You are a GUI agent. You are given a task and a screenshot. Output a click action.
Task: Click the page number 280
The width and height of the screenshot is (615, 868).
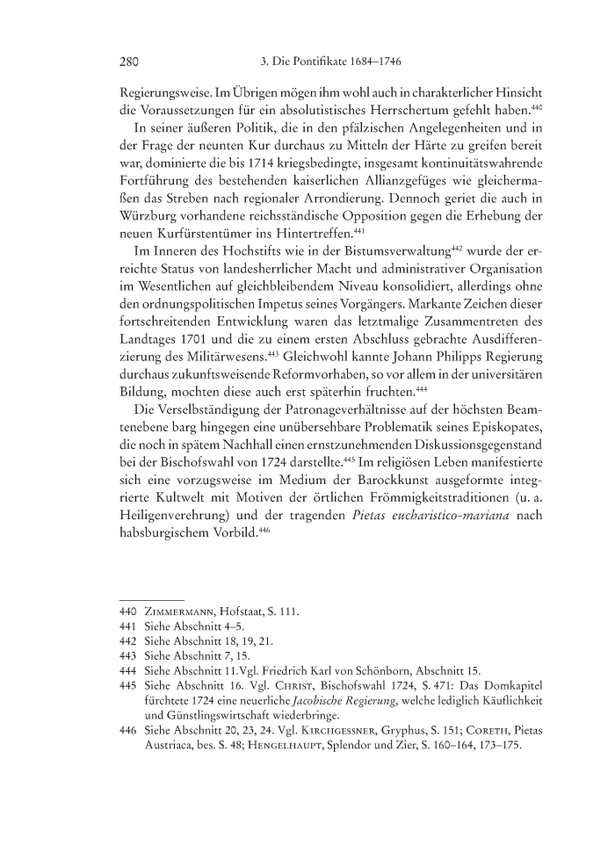click(130, 61)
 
